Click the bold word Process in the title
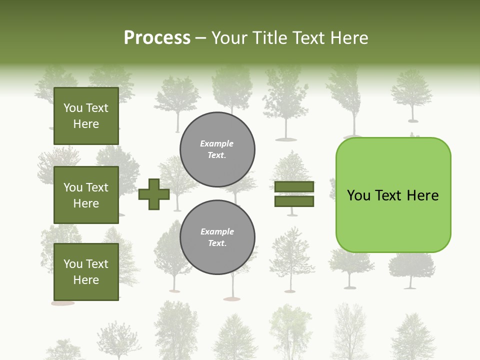coord(157,38)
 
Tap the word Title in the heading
coord(269,38)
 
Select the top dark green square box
coord(86,116)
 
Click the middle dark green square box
coord(86,195)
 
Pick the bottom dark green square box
coord(86,271)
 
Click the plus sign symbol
coord(154,194)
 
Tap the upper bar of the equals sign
coord(294,186)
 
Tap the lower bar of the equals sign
coord(294,201)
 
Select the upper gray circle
coord(217,149)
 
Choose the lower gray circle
coord(217,237)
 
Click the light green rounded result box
coord(393,220)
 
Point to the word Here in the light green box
coord(422,195)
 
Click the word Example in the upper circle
coord(217,143)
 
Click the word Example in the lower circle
coord(217,231)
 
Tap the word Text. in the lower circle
coord(217,243)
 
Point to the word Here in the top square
coord(86,124)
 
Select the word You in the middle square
coord(72,187)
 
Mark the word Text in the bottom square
coord(96,264)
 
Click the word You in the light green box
coord(358,195)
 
